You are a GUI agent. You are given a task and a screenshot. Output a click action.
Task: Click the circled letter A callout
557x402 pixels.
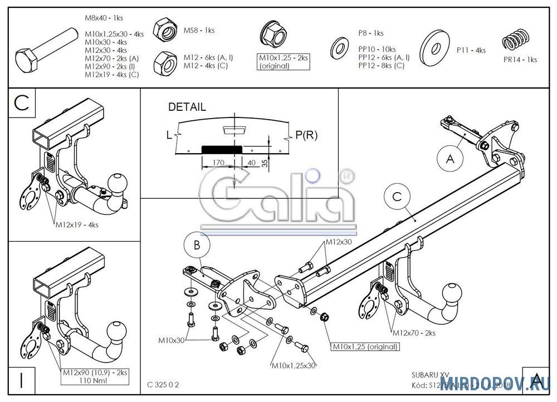(449, 158)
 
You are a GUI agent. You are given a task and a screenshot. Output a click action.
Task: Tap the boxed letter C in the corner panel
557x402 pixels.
(21, 103)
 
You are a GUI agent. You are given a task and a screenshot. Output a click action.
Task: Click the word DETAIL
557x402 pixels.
(187, 107)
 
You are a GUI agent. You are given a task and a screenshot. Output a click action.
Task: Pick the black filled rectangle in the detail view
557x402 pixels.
(221, 149)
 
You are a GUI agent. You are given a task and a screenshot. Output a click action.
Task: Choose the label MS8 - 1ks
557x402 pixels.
(199, 31)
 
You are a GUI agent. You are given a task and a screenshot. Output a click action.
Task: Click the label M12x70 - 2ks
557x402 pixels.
(414, 333)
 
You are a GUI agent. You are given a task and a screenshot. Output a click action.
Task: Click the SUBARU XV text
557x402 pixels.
(426, 375)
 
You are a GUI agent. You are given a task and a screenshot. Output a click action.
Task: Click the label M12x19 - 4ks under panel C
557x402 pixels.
(76, 225)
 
